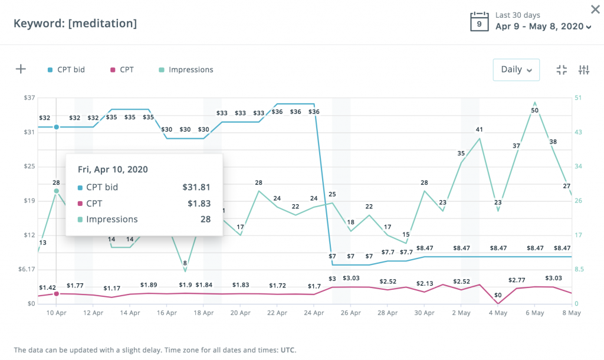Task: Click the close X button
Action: [595, 9]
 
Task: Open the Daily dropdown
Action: [516, 70]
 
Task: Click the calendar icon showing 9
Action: [479, 21]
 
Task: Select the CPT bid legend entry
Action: [66, 70]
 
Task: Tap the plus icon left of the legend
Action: [21, 69]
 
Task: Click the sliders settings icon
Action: [584, 70]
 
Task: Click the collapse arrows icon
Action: [562, 70]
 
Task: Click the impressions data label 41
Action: [480, 130]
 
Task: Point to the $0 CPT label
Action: [498, 295]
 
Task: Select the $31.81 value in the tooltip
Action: [196, 188]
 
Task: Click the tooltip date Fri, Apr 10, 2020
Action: [113, 169]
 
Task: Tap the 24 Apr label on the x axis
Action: [314, 313]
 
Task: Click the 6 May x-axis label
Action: [534, 313]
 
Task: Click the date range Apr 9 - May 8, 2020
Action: [539, 27]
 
